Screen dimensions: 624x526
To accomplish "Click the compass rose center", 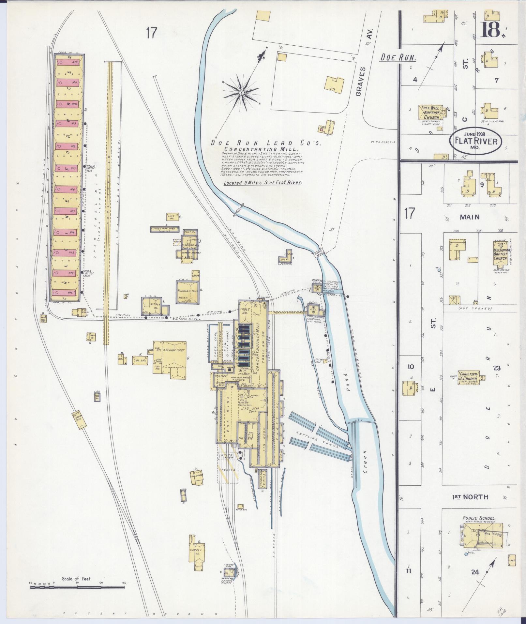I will point(241,93).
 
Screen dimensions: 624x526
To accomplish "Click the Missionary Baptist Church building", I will point(500,251).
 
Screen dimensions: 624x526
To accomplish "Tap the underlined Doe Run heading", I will point(398,58).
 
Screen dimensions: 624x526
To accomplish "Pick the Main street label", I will point(470,217).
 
